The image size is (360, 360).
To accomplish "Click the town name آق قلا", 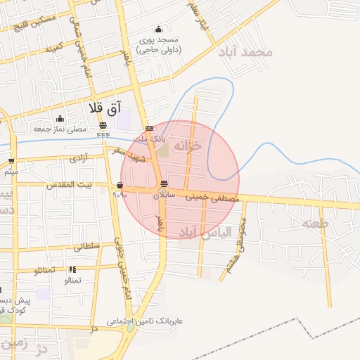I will (105, 108).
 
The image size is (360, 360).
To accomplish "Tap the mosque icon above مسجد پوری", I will (158, 30).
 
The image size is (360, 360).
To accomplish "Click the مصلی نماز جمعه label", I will (60, 129).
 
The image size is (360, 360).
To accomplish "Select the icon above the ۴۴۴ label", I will (103, 126).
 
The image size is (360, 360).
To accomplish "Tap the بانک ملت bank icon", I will (149, 128).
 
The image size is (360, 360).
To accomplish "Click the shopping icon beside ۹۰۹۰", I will (120, 186).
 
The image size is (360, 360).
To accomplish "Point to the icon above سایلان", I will (165, 184).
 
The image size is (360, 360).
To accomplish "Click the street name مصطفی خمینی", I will (212, 198).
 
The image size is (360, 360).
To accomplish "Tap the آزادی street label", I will (78, 159).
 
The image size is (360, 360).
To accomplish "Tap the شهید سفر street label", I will (127, 155).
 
